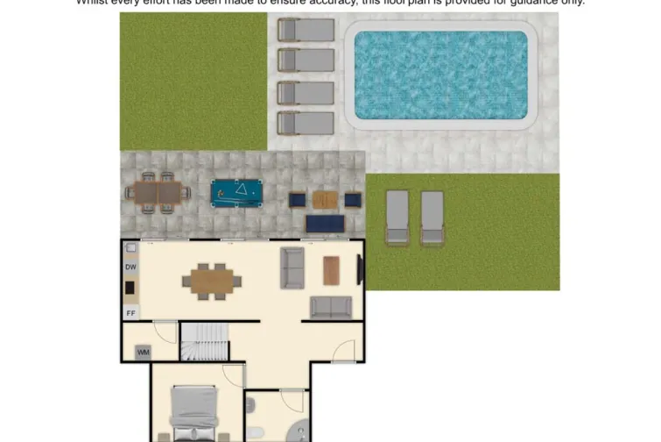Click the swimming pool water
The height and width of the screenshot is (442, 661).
pyautogui.click(x=441, y=75)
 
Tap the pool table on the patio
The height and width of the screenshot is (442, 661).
pyautogui.click(x=237, y=193)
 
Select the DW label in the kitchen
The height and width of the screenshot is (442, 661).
pyautogui.click(x=130, y=267)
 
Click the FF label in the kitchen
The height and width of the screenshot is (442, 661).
pyautogui.click(x=130, y=312)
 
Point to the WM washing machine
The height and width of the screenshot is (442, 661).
pyautogui.click(x=143, y=352)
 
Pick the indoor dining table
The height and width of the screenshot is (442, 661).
pyautogui.click(x=211, y=282)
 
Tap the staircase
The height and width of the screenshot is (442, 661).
pyautogui.click(x=205, y=342)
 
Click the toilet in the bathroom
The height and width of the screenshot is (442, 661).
pyautogui.click(x=251, y=405)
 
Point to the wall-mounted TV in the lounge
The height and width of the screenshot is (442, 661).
pyautogui.click(x=359, y=271)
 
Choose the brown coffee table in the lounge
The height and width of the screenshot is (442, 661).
pyautogui.click(x=331, y=270)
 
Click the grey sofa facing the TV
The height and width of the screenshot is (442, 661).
pyautogui.click(x=292, y=267)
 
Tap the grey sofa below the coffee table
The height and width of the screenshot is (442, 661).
pyautogui.click(x=331, y=307)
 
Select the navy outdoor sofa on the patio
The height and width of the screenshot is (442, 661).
pyautogui.click(x=325, y=224)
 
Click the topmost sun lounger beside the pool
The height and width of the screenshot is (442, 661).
pyautogui.click(x=306, y=30)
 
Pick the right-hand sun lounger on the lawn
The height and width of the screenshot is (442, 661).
pyautogui.click(x=432, y=217)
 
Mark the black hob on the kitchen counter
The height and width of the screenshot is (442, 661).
pyautogui.click(x=130, y=288)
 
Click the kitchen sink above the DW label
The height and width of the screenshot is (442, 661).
pyautogui.click(x=130, y=249)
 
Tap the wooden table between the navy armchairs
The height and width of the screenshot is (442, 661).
pyautogui.click(x=325, y=200)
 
